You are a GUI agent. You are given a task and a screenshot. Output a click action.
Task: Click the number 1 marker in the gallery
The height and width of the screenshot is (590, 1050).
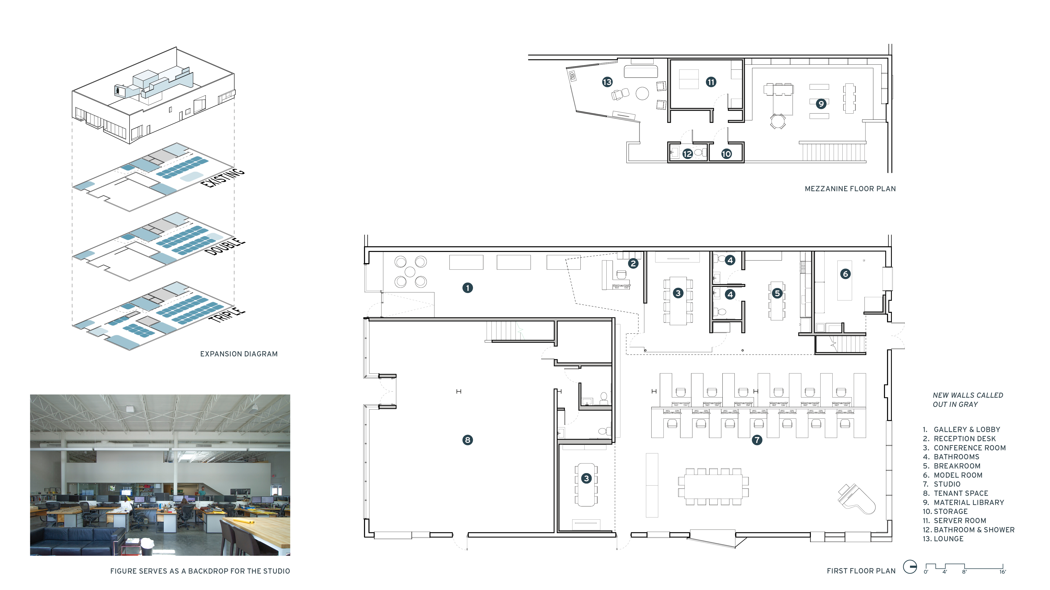click(467, 288)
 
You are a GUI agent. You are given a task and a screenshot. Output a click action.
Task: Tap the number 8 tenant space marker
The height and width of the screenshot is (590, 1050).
click(467, 440)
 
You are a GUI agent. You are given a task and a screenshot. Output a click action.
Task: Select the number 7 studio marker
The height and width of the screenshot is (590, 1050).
click(757, 440)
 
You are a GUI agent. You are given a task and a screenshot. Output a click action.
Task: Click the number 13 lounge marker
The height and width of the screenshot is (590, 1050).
click(607, 82)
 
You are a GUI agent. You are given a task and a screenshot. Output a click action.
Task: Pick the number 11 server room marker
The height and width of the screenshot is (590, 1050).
click(711, 82)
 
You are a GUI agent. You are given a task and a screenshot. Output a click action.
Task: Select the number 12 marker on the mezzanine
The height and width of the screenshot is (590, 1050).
click(688, 153)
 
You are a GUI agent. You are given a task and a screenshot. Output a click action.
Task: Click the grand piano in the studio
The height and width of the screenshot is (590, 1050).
click(856, 499)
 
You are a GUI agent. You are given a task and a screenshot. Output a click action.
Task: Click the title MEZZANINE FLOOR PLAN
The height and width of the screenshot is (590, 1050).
click(850, 189)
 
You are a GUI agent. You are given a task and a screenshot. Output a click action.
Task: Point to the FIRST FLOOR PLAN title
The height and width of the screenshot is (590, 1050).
click(861, 571)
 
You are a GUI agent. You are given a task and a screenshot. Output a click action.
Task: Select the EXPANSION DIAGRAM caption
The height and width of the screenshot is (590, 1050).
click(239, 354)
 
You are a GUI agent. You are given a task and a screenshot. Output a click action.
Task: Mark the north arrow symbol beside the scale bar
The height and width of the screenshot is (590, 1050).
click(910, 567)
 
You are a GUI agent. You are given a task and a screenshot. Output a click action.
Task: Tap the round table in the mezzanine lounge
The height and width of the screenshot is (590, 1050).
click(642, 93)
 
